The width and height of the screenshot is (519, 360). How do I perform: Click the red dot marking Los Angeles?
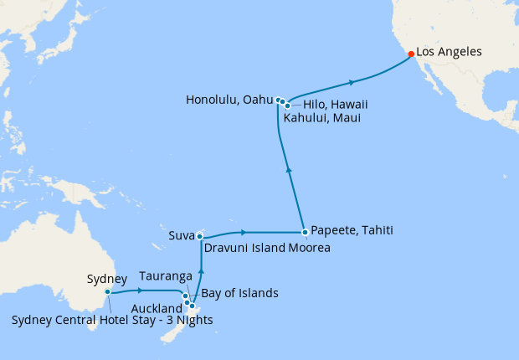(410, 54)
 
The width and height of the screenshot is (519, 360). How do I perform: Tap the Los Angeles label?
(449, 52)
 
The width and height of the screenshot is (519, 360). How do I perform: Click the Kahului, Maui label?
(319, 118)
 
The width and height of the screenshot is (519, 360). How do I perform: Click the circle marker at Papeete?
(305, 232)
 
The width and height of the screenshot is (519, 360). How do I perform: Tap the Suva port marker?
(199, 237)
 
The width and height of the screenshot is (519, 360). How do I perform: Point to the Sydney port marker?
(108, 292)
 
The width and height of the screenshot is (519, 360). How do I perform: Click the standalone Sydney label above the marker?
(107, 278)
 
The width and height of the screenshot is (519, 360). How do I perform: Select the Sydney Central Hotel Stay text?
(112, 320)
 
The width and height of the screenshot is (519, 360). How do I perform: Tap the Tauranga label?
(167, 276)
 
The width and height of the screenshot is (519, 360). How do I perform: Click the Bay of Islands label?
(239, 293)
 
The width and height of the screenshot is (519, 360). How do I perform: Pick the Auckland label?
(157, 309)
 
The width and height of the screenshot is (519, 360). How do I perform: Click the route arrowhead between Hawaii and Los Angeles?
(352, 82)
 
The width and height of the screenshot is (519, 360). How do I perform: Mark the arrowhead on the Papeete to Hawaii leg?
(289, 169)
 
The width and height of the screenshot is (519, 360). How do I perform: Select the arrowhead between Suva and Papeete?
(243, 231)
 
